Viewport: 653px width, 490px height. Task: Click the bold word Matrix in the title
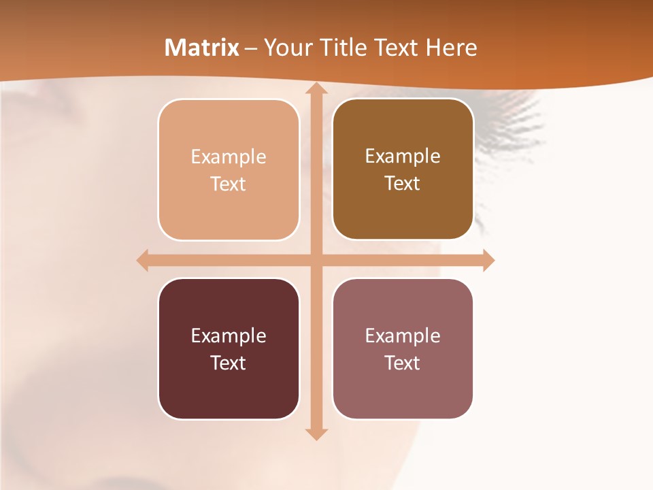coord(202,48)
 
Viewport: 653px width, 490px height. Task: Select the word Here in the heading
coord(451,48)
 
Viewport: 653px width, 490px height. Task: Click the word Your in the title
coord(285,48)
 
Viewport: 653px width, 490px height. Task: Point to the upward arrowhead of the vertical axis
coord(316,89)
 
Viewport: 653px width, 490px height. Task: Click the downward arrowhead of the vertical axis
coord(316,434)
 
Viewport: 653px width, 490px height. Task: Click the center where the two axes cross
coord(316,260)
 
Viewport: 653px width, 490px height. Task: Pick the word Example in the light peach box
coord(229,157)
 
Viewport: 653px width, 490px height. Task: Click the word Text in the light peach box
coord(229,184)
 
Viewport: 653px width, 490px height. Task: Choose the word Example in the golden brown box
coord(403,156)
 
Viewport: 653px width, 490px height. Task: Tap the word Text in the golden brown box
coord(403,183)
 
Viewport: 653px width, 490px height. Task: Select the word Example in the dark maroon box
coord(229,336)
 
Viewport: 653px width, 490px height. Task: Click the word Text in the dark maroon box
coord(229,363)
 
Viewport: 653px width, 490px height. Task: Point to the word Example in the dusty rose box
coord(403,336)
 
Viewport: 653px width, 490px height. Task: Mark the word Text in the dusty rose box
coord(403,363)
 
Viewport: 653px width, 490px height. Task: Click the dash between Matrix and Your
coord(251,48)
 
